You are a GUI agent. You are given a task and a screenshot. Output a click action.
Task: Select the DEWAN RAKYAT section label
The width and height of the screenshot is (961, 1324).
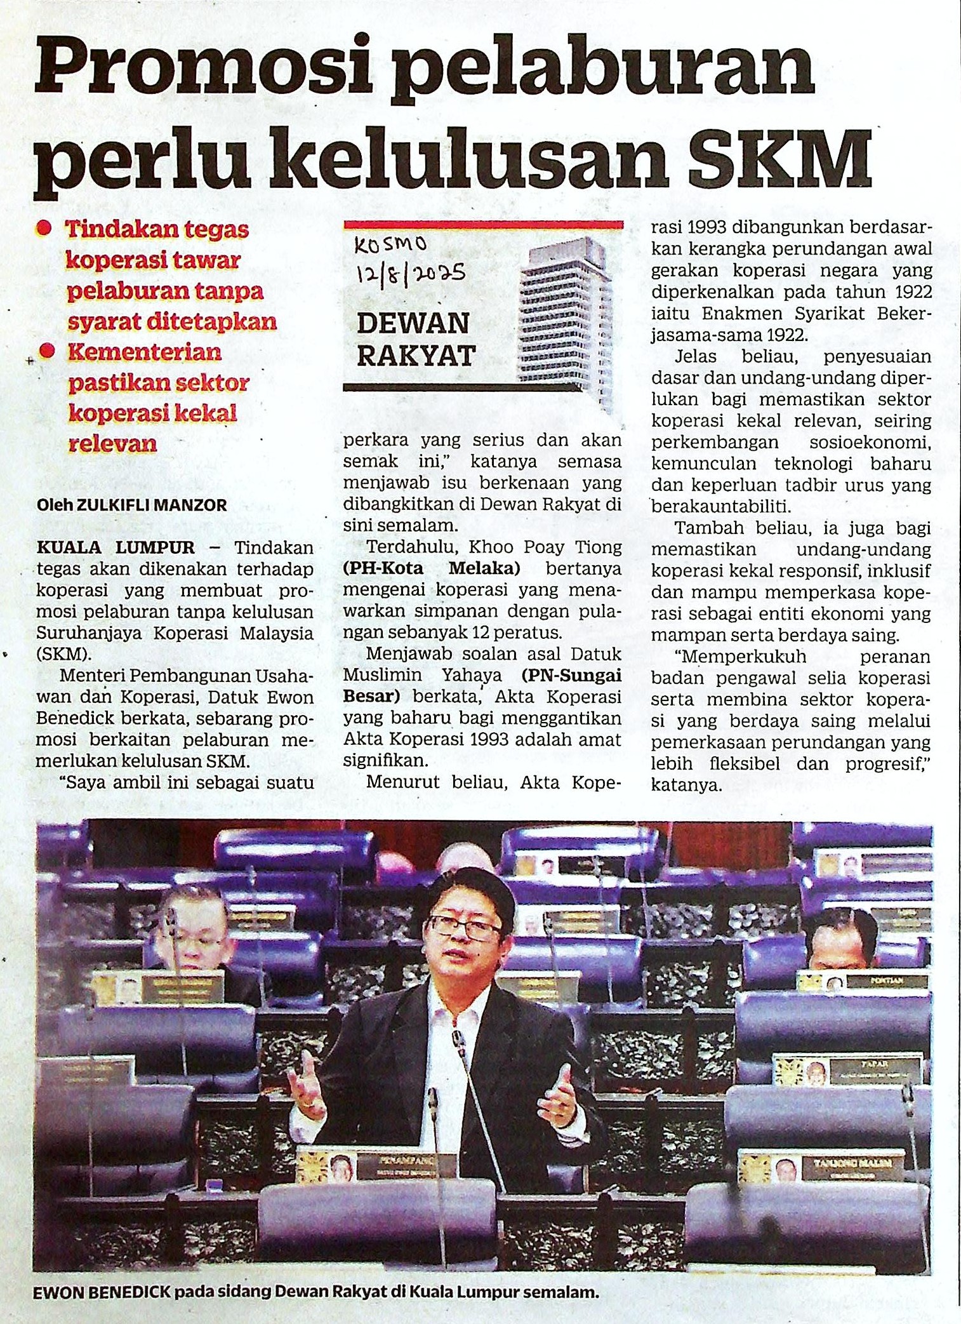click(x=416, y=339)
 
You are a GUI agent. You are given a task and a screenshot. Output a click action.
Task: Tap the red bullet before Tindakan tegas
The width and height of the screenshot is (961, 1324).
click(x=44, y=229)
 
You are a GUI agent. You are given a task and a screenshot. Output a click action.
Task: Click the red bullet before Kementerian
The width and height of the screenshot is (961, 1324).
click(x=46, y=351)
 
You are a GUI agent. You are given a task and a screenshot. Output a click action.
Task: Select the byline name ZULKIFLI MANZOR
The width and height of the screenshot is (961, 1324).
click(x=150, y=505)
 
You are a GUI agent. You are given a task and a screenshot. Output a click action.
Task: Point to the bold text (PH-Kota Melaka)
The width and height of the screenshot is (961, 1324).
click(x=431, y=568)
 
